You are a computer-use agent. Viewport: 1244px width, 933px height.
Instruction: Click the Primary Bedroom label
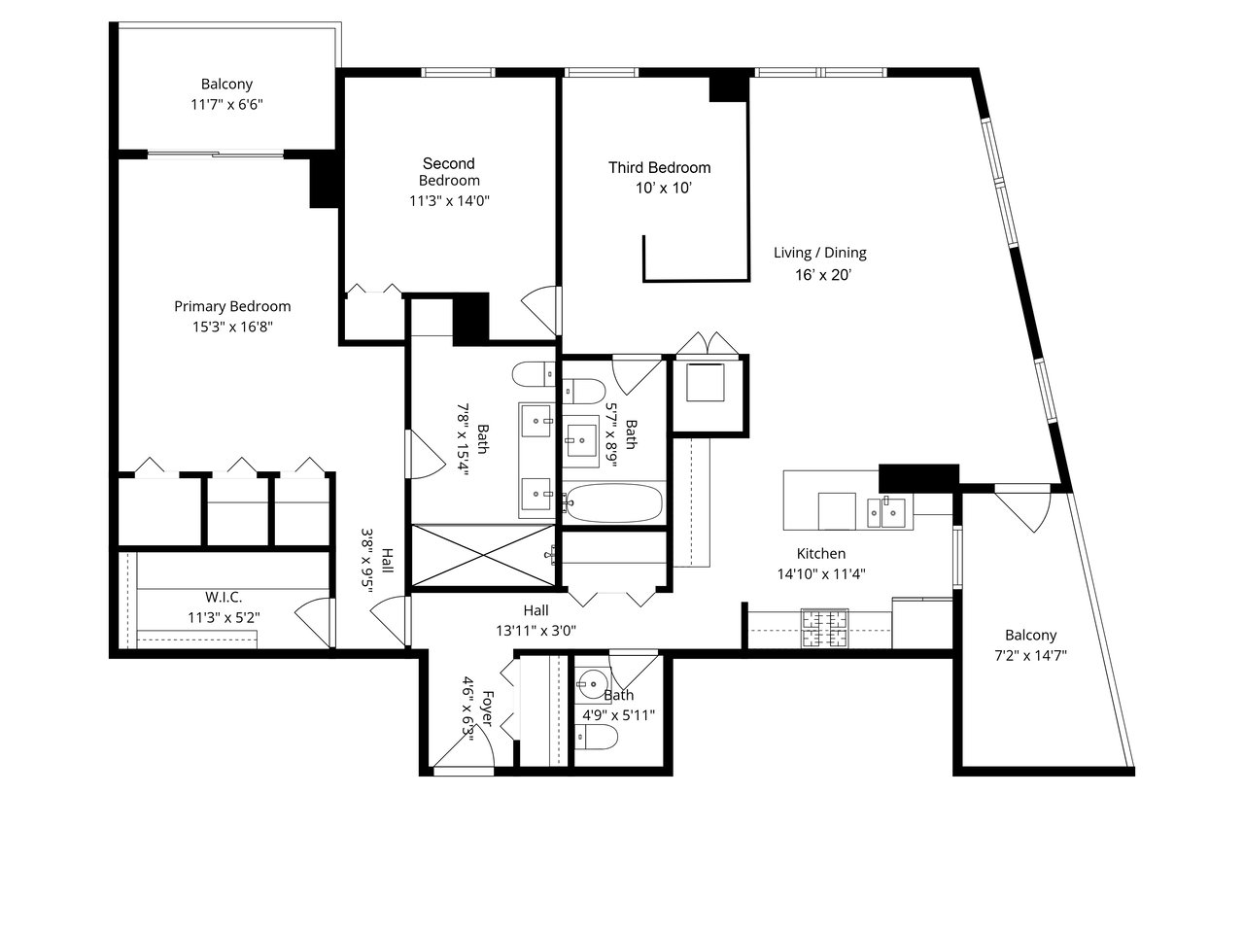coord(232,306)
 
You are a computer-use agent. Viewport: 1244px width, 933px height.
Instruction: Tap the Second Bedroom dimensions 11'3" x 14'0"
coord(449,201)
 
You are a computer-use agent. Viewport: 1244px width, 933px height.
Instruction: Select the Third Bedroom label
coord(660,168)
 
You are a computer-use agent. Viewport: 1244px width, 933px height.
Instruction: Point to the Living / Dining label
coord(820,253)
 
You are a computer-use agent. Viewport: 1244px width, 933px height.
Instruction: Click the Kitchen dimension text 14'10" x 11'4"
coord(821,573)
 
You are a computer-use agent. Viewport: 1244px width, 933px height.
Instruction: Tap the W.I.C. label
coord(224,597)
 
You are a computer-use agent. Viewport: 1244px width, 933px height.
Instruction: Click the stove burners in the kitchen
coord(824,628)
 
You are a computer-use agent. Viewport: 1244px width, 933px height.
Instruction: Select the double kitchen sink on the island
coord(886,513)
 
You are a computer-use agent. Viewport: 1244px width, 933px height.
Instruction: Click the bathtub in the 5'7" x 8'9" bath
coord(614,502)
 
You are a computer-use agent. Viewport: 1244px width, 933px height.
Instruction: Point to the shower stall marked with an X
coord(483,555)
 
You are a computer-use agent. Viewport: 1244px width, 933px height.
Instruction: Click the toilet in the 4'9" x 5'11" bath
coord(595,737)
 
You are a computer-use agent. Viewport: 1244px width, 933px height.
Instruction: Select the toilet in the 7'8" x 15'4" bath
coord(534,374)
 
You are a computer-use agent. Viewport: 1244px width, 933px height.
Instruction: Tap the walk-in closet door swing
coord(313,622)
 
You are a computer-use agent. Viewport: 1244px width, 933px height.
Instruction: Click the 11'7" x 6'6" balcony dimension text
coord(226,105)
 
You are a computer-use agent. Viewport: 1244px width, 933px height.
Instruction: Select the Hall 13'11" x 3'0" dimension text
coord(536,631)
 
